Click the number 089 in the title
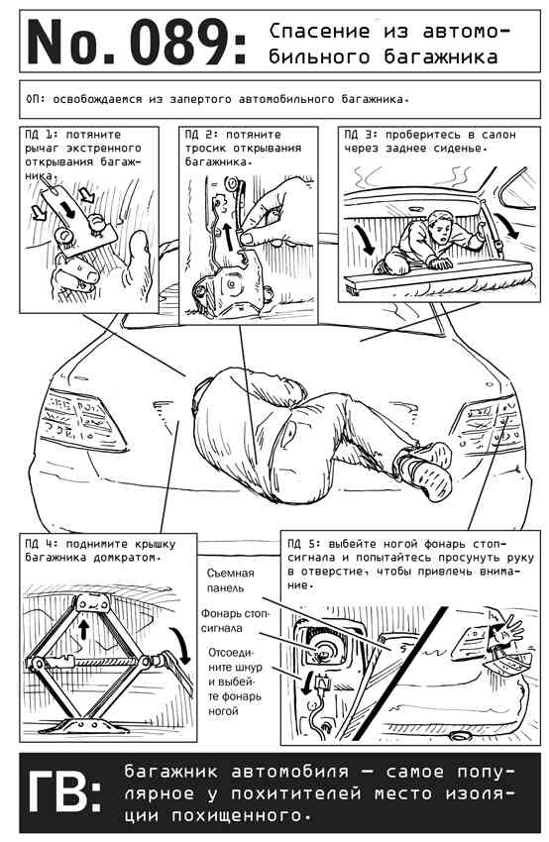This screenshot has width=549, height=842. tap(179, 42)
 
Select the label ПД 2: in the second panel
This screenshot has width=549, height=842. tap(201, 135)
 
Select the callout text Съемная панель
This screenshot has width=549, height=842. tap(231, 580)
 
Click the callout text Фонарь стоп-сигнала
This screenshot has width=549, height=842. tap(235, 620)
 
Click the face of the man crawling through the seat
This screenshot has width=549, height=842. tap(442, 227)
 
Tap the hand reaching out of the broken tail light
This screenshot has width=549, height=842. tap(507, 627)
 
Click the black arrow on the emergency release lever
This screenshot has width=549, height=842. tap(68, 208)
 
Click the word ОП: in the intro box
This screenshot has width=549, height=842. tap(36, 99)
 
